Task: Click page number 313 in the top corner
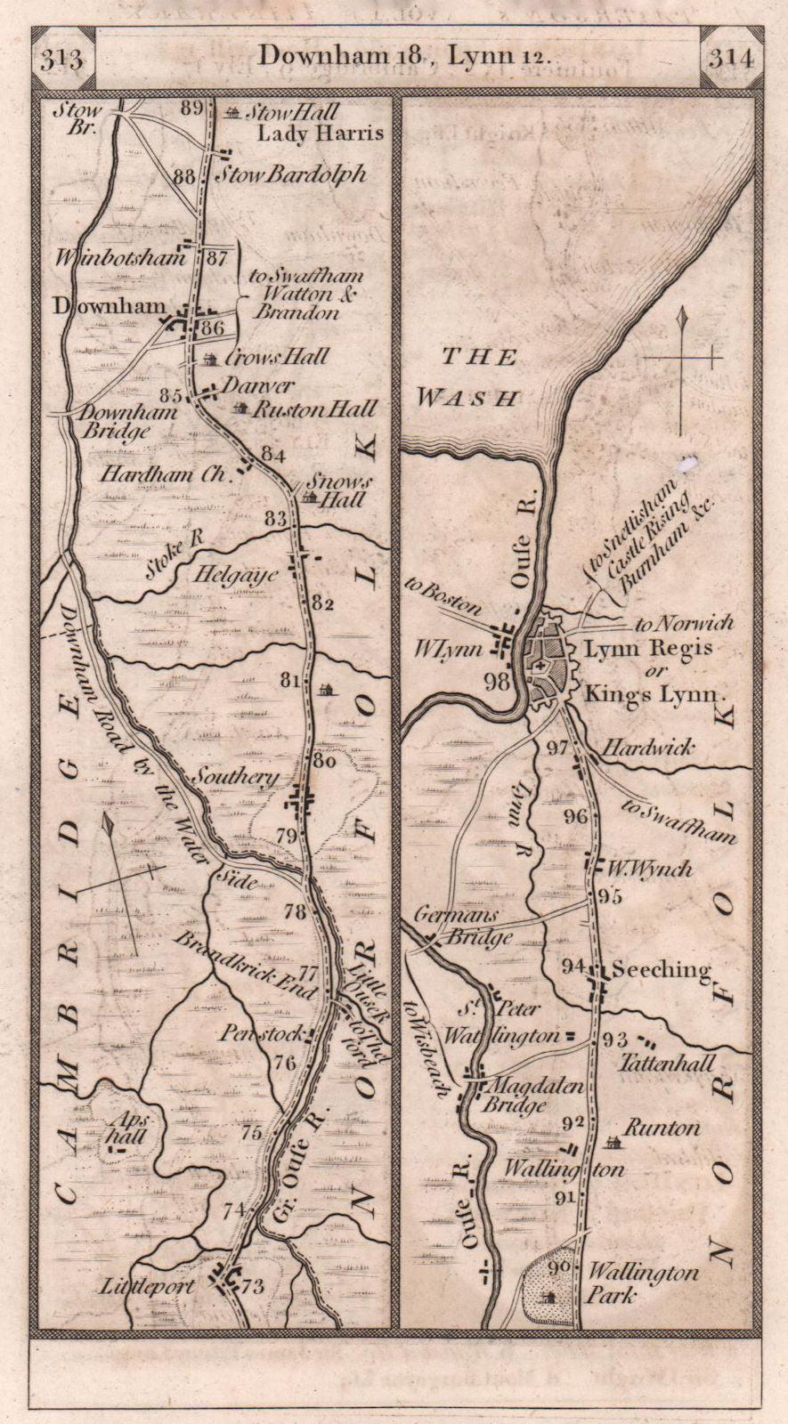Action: [x=61, y=59]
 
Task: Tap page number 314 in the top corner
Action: [x=731, y=59]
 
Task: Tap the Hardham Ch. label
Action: [x=164, y=474]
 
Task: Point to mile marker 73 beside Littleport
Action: [x=253, y=1287]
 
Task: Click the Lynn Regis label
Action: [x=647, y=649]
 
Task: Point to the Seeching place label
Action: [x=660, y=970]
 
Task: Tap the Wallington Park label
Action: [x=641, y=1283]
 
